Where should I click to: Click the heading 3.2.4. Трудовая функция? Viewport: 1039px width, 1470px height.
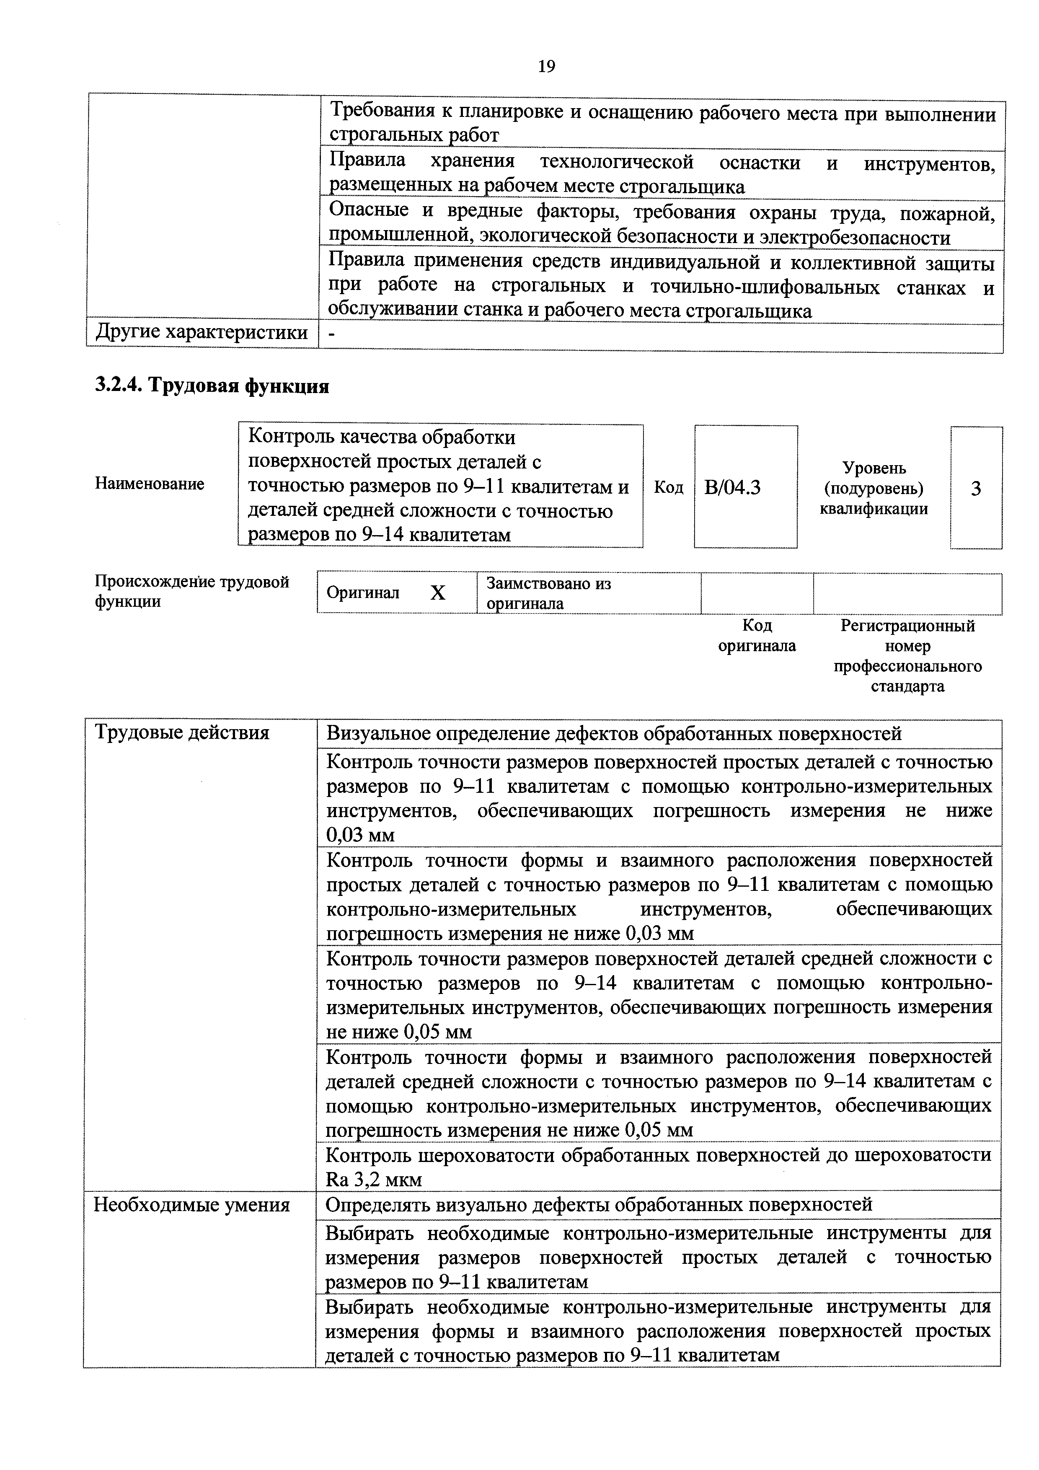(x=212, y=386)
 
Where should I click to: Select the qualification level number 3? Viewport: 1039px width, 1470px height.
(x=976, y=489)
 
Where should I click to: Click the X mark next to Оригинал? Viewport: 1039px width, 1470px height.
(x=437, y=593)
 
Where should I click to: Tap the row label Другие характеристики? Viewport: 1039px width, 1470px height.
(x=201, y=333)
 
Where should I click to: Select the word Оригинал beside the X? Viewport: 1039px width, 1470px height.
(x=362, y=593)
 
